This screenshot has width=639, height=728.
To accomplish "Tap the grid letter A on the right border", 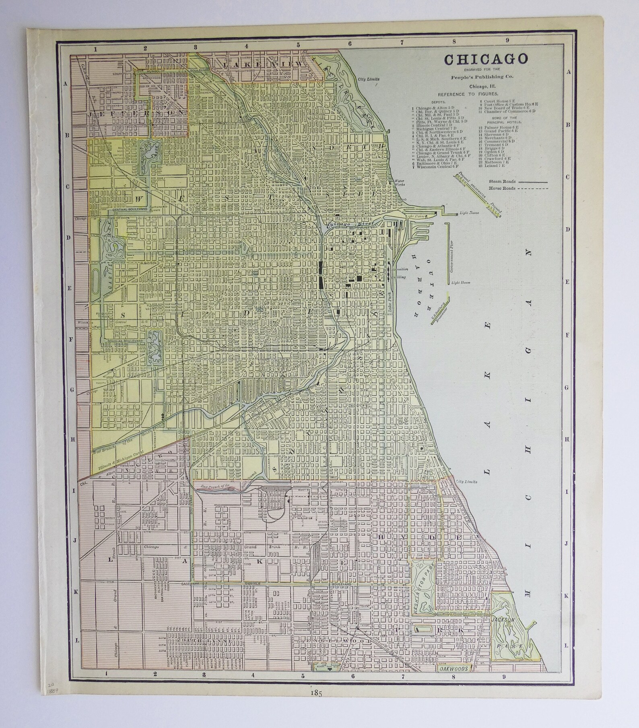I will point(568,72).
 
